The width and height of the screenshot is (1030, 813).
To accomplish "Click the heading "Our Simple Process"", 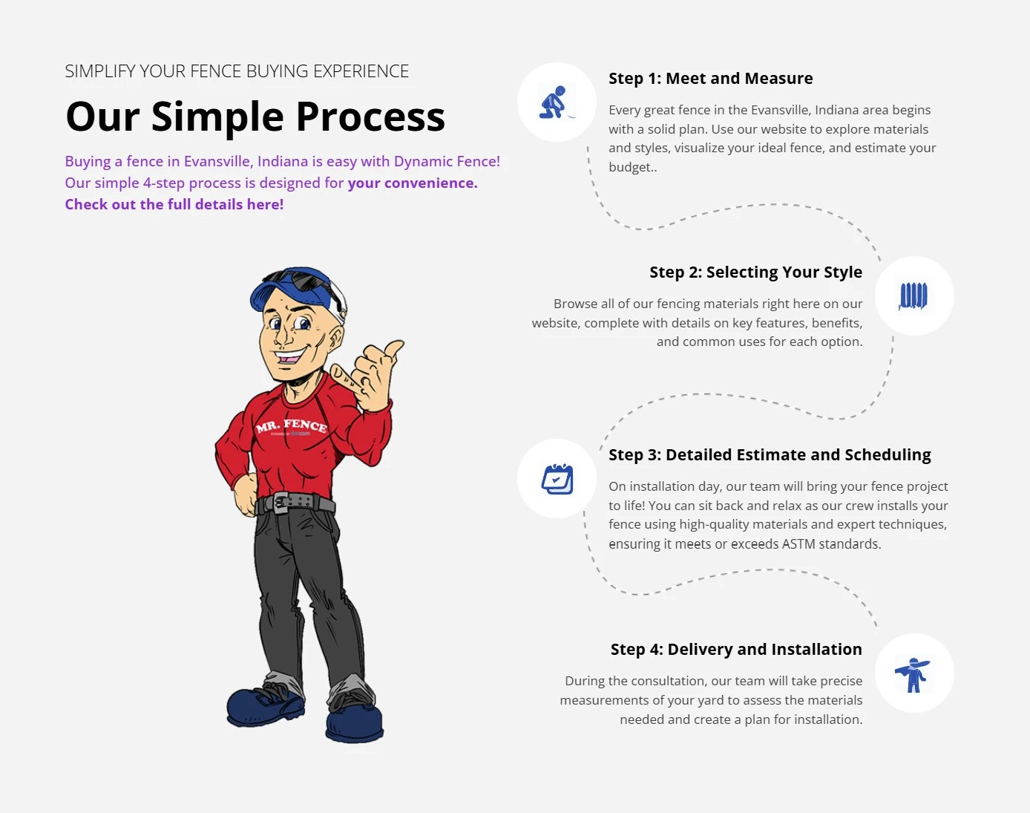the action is point(255,117).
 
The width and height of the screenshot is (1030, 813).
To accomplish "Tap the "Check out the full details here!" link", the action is point(174,204).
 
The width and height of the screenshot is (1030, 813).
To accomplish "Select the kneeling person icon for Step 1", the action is point(556,102).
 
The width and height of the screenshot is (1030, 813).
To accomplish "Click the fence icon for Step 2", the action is point(913,296).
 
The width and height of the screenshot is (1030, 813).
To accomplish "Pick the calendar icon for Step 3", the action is point(557,479).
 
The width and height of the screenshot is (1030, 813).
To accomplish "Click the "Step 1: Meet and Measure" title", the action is point(711,78).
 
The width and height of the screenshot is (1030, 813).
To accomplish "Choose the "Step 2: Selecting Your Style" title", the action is point(755,272).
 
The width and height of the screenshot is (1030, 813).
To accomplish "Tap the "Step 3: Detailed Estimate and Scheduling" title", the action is point(770,454).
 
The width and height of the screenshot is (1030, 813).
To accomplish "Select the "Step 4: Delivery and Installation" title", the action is point(736,649).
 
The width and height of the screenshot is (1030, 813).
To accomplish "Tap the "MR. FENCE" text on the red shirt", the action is point(292,425).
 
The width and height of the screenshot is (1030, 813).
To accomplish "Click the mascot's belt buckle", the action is point(281,503).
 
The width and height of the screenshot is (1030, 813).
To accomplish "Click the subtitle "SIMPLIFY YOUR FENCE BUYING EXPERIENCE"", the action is point(237,71).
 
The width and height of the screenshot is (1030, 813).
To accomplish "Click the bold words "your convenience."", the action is point(413,183).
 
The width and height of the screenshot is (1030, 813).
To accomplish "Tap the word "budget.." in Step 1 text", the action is point(633,167).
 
